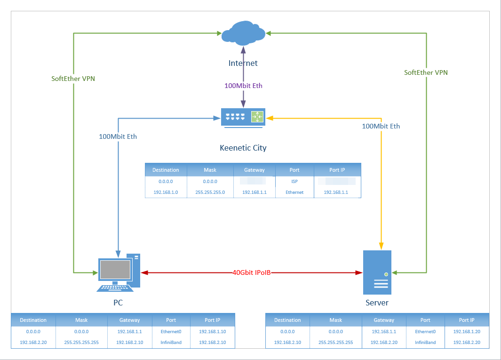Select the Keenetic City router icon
click(x=243, y=117)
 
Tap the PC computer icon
click(x=119, y=273)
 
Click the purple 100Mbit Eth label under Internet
click(x=243, y=86)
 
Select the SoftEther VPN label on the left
click(x=73, y=79)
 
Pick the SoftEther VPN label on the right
click(x=426, y=72)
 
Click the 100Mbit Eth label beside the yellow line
click(x=381, y=126)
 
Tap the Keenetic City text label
click(x=243, y=148)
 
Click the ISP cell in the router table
click(x=294, y=181)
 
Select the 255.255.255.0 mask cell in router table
click(x=210, y=192)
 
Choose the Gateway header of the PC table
click(x=129, y=320)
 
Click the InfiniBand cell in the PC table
click(x=171, y=342)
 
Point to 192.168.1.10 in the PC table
click(x=212, y=331)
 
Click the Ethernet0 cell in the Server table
click(x=425, y=331)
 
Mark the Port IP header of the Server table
click(x=467, y=320)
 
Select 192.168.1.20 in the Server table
click(x=467, y=331)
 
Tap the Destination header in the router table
click(x=166, y=170)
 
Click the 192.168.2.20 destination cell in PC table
click(x=33, y=342)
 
